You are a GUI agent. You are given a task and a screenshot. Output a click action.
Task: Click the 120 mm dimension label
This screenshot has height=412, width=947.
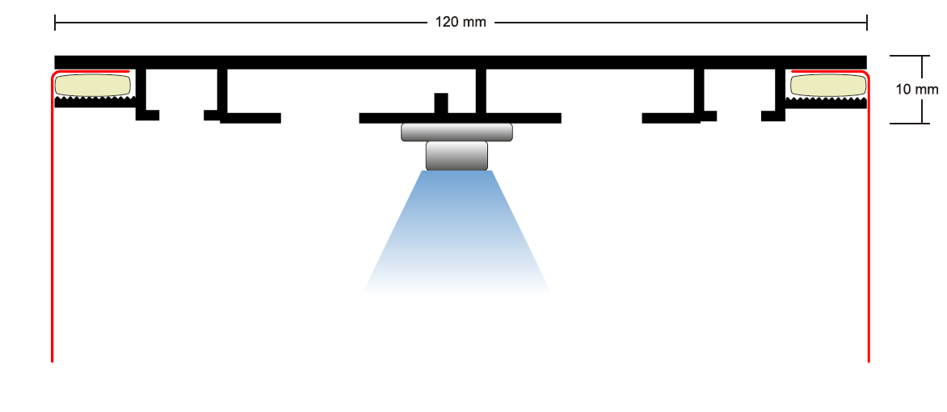pyautogui.click(x=461, y=22)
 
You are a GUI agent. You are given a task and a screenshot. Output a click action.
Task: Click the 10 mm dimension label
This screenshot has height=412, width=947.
pyautogui.click(x=917, y=89)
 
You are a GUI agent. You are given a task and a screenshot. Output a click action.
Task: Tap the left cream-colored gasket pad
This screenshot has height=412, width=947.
pyautogui.click(x=93, y=84)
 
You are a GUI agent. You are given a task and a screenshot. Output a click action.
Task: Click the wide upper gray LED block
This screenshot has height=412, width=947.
pyautogui.click(x=457, y=132)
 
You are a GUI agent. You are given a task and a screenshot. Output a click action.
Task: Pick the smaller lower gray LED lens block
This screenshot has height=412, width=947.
pyautogui.click(x=457, y=155)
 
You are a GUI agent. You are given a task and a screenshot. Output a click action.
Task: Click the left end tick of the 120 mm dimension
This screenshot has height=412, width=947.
pyautogui.click(x=55, y=22)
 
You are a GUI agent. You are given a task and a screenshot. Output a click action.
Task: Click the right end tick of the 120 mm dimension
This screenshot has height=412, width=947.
pyautogui.click(x=867, y=22)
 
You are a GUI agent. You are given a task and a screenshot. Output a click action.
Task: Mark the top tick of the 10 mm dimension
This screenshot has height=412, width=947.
pyautogui.click(x=920, y=56)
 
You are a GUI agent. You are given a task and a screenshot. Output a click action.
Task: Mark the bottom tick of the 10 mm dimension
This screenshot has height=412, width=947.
pyautogui.click(x=920, y=123)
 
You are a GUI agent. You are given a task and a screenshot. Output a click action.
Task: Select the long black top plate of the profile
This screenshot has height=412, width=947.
pyautogui.click(x=461, y=61)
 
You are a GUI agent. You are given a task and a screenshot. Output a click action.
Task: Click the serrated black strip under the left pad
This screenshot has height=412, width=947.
pyautogui.click(x=93, y=101)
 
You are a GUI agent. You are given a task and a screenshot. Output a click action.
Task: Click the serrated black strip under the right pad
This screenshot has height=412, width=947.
pyautogui.click(x=827, y=101)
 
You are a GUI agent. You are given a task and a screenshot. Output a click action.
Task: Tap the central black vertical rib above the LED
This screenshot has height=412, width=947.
pyautogui.click(x=481, y=90)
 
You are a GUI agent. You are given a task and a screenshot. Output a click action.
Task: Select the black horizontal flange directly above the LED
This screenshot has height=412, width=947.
pyautogui.click(x=460, y=118)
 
